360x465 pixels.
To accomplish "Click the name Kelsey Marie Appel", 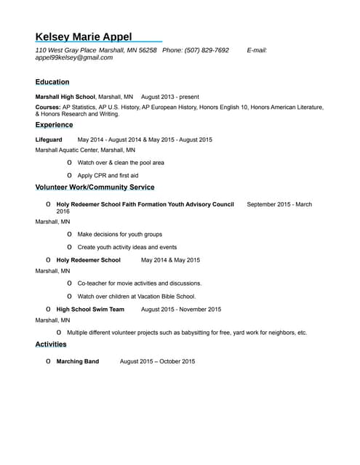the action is point(84,37).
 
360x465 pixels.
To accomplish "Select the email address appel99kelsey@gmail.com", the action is point(74,57).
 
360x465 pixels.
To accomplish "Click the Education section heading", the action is point(52,82).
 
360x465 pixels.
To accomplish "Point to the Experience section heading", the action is point(54,125).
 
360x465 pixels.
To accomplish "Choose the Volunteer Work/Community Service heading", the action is point(95,187).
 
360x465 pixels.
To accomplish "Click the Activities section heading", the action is point(51,344).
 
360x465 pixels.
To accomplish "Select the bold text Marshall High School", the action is point(65,97).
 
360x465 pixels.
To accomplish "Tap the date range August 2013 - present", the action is point(169,97).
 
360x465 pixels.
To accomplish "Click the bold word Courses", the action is point(48,107).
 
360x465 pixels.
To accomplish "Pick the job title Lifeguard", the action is point(49,139).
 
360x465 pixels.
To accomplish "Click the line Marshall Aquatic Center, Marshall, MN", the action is point(85,150).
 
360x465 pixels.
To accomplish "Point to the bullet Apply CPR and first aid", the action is point(108,176).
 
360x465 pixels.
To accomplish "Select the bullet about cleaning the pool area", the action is point(121,163).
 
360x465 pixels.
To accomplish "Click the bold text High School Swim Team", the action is point(90,310).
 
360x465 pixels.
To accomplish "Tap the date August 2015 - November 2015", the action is point(181,310).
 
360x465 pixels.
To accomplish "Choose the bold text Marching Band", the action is point(78,361).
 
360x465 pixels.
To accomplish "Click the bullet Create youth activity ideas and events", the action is point(127,247).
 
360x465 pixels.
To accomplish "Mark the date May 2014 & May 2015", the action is point(170,260).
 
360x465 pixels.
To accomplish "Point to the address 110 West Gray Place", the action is point(66,50).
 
